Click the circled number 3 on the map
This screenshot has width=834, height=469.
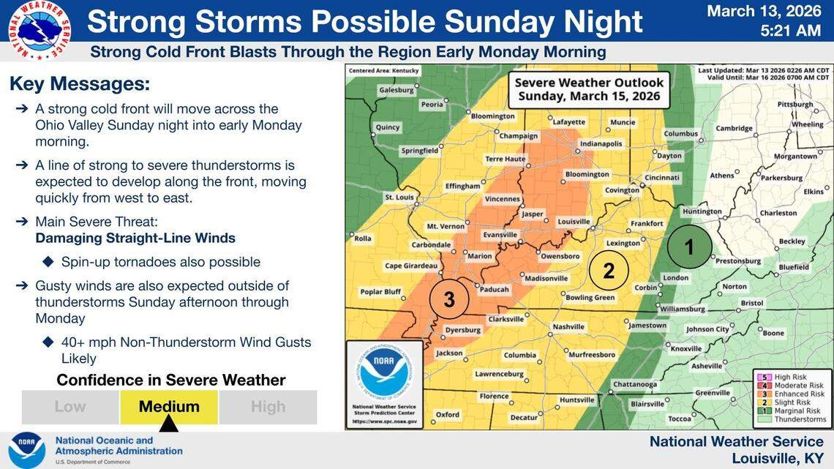coord(449,299)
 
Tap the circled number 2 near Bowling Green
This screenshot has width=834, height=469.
coord(609,271)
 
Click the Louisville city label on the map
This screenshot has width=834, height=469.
coord(574,221)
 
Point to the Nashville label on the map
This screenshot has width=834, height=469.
coord(568,326)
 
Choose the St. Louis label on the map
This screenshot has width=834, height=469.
coord(399,198)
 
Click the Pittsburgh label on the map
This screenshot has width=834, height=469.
coord(795,105)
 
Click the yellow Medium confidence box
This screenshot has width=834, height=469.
coord(169,407)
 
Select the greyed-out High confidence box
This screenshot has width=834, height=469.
coord(268,407)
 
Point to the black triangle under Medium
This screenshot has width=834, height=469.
coord(169,424)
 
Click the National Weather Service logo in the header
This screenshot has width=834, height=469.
coord(40,29)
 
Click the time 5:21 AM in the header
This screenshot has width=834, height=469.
coord(791,31)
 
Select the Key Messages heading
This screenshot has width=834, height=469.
coord(80,83)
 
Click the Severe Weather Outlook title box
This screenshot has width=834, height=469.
coord(589,89)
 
